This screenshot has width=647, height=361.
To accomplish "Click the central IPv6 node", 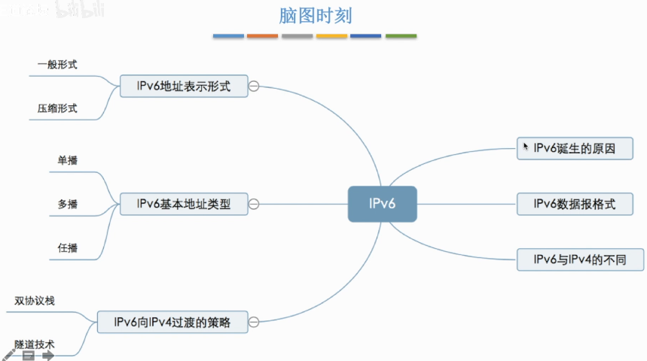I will [x=382, y=204].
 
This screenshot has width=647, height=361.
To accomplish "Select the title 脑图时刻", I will [x=315, y=15].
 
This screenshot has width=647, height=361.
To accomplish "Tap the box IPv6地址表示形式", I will [x=184, y=86].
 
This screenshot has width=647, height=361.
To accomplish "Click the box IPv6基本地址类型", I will [x=184, y=204].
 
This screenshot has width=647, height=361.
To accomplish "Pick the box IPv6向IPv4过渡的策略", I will [x=172, y=323].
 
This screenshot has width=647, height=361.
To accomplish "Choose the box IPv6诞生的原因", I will [x=573, y=148].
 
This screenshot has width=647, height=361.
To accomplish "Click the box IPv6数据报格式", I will [x=573, y=204].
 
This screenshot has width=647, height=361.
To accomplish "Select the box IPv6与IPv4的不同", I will [x=581, y=260].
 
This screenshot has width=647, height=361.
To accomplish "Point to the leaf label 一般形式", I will [x=57, y=65].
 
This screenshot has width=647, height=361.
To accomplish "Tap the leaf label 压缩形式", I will [x=57, y=108].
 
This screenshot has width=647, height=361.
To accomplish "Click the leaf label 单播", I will [x=68, y=160].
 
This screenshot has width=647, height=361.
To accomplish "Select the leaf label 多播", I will [x=68, y=204].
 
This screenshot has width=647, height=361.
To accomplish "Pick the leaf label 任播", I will [x=68, y=247].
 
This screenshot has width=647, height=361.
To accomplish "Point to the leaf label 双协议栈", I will [x=35, y=301].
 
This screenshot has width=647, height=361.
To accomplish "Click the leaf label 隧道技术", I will [x=35, y=344].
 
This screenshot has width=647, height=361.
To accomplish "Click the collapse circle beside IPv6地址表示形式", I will [x=254, y=86].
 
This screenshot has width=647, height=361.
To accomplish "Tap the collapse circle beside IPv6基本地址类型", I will [x=254, y=204].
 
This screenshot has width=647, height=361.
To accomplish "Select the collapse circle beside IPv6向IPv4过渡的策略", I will [x=254, y=323].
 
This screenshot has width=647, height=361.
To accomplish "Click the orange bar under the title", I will [x=263, y=35].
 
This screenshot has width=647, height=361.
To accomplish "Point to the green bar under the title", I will [x=401, y=35].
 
